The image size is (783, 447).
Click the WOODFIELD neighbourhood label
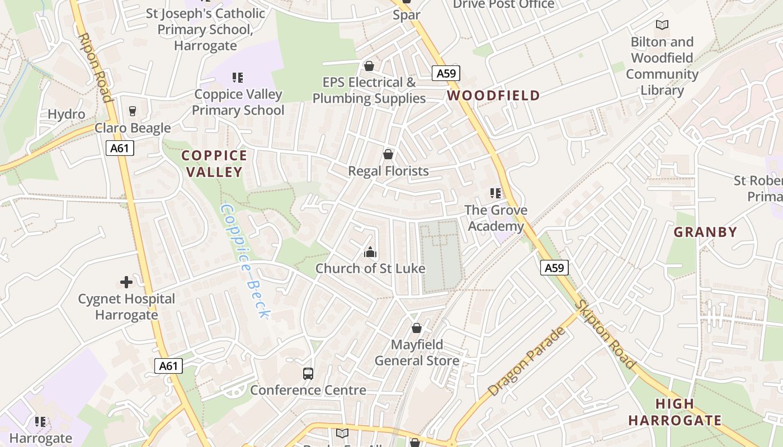[x=493, y=96]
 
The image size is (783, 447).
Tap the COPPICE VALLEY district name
[x=214, y=164]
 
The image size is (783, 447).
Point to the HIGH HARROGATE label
[x=674, y=412]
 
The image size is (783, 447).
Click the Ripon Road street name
[x=95, y=68]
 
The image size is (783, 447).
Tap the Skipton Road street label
[x=607, y=335]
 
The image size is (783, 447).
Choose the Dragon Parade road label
[x=526, y=362]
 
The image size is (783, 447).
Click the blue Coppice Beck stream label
[x=245, y=261]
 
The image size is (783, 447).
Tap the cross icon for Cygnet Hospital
[x=126, y=282]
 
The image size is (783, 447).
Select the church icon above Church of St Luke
[x=370, y=253]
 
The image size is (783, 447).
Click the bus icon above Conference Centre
[x=308, y=373]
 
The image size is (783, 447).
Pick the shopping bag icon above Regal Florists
[x=388, y=154]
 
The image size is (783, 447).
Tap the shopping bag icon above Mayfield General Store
[x=417, y=328]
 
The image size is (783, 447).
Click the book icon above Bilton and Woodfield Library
[x=662, y=25]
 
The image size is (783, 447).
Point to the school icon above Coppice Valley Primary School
[x=238, y=78]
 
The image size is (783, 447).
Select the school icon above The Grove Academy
[x=496, y=193]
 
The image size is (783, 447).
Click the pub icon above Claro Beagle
[x=133, y=111]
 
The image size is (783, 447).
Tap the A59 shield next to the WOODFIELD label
[x=446, y=73]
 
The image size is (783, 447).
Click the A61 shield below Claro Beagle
[x=120, y=148]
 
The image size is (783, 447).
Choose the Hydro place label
[x=67, y=115]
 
